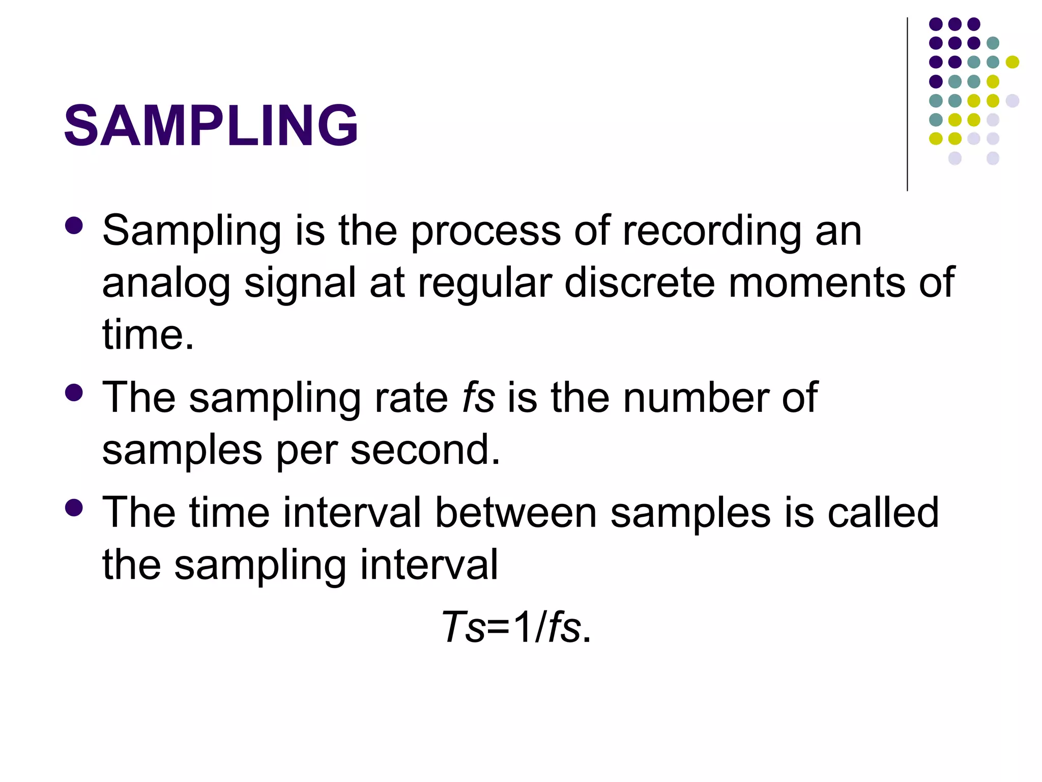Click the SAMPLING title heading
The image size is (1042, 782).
tap(211, 125)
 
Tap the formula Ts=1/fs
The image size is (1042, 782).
tap(516, 627)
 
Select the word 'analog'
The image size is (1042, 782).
tap(166, 284)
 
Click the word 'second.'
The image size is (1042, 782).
tap(425, 450)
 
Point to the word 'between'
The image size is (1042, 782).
tap(515, 513)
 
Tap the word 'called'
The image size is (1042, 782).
tap(883, 513)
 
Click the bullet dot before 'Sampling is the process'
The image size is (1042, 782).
tap(74, 226)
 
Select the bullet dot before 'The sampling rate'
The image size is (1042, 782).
tap(74, 393)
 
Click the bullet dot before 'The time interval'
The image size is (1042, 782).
tap(74, 508)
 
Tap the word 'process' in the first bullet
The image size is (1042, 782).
tap(486, 232)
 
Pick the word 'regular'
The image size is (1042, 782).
tap(485, 284)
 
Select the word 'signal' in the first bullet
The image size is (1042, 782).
tap(300, 284)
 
